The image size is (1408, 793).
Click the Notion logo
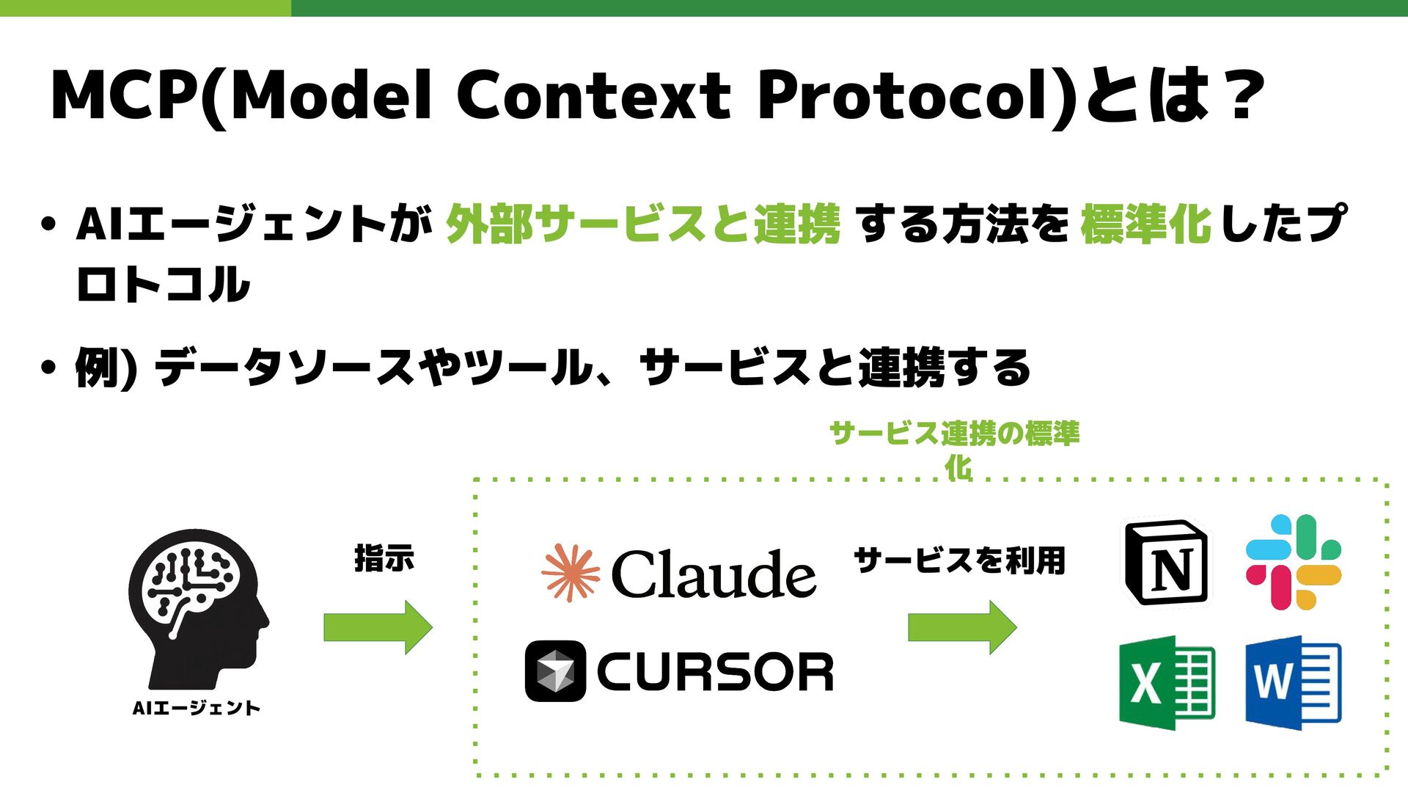pyautogui.click(x=1167, y=563)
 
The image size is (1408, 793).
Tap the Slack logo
pyautogui.click(x=1294, y=562)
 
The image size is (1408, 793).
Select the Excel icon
pyautogui.click(x=1167, y=682)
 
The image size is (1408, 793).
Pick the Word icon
pyautogui.click(x=1293, y=682)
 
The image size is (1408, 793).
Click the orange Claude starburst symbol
pyautogui.click(x=570, y=573)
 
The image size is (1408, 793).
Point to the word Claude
pyautogui.click(x=713, y=574)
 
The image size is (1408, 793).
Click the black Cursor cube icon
pyautogui.click(x=555, y=670)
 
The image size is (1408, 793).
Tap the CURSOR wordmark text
pyautogui.click(x=715, y=672)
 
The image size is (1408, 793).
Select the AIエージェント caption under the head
pyautogui.click(x=197, y=708)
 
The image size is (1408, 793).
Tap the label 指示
pyautogui.click(x=384, y=559)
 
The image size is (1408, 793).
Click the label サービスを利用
pyautogui.click(x=959, y=561)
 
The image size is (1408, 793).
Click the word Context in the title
pyautogui.click(x=594, y=95)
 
